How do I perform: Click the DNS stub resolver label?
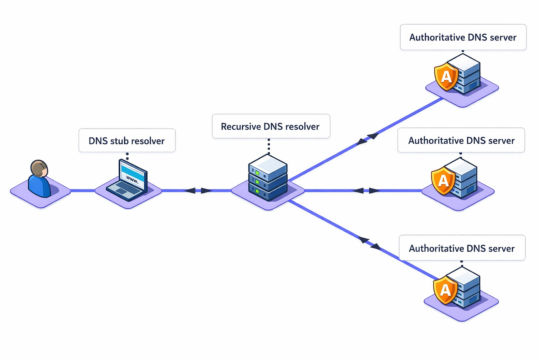tap(127, 141)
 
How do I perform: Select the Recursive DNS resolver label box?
tap(271, 126)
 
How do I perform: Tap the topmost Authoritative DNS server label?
tap(463, 37)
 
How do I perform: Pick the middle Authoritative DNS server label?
tap(461, 140)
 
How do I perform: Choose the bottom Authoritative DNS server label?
tap(462, 248)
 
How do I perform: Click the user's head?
tap(39, 169)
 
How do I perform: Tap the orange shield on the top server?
tap(446, 77)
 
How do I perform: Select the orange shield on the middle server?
tap(443, 181)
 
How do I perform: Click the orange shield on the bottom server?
tap(445, 289)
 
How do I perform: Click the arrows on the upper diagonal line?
tap(367, 139)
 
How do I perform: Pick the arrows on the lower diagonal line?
tap(369, 243)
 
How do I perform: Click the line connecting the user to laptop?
tap(83, 191)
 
